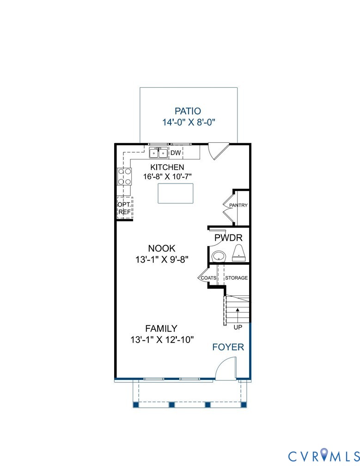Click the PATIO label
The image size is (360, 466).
[188, 111]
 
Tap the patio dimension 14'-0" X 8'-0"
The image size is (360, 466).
[189, 123]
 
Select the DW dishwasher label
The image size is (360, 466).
[176, 153]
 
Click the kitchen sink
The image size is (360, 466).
[158, 153]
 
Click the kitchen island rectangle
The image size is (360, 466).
[175, 193]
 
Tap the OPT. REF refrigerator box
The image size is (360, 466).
[124, 208]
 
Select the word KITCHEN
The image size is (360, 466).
[167, 167]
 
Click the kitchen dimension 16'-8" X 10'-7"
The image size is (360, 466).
[167, 177]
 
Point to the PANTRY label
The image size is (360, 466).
[238, 205]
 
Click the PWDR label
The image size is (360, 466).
[226, 238]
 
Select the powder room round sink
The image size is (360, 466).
[218, 256]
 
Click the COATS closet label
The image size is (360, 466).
[208, 278]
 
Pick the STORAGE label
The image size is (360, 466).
[236, 278]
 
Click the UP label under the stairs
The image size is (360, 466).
[238, 327]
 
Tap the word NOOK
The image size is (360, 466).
[162, 248]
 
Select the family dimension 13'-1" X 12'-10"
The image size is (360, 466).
[162, 339]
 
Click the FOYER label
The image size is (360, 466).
[228, 347]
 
